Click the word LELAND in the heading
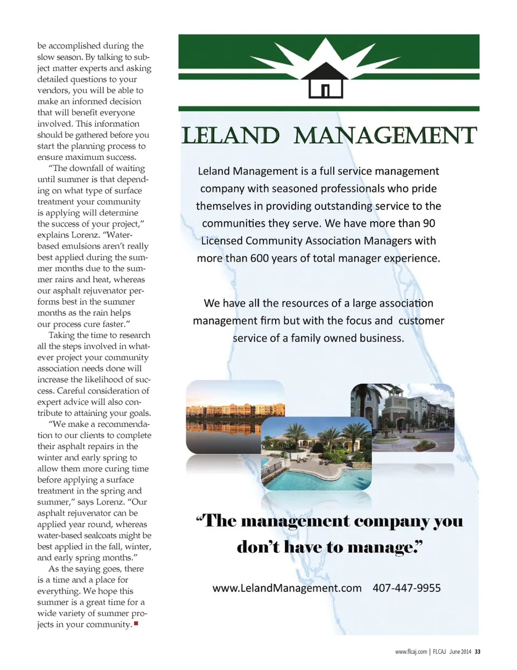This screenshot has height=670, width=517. click(x=230, y=136)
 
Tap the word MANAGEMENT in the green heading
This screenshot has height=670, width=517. click(x=385, y=136)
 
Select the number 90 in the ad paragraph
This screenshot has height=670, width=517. click(x=429, y=223)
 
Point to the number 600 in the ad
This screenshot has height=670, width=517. click(x=260, y=258)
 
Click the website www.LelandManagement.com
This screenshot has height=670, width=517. click(x=287, y=588)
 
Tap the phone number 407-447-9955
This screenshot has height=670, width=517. click(x=407, y=588)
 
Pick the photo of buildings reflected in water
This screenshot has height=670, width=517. click(x=235, y=417)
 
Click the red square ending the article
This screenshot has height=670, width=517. click(x=136, y=624)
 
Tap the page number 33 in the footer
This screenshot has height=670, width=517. click(x=478, y=652)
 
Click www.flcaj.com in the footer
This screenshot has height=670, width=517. click(x=411, y=652)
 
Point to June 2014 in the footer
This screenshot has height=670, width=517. click(x=460, y=652)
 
